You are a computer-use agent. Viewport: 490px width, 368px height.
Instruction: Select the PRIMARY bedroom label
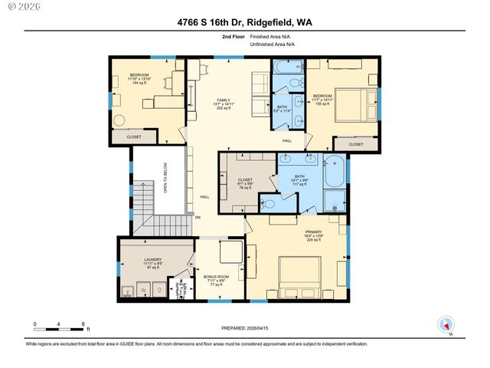coord(314,233)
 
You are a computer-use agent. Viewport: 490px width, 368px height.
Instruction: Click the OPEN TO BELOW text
coord(165,178)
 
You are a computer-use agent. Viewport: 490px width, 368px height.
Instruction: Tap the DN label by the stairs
coord(197,218)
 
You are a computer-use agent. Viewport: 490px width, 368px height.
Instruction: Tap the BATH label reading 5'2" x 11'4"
coord(282,108)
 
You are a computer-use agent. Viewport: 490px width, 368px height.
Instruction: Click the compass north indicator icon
coord(444,324)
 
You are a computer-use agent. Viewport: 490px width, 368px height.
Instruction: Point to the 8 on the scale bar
coord(83,325)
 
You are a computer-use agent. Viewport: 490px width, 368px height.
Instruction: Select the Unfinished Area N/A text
coord(272,44)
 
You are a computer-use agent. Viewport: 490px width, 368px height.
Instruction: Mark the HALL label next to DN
coord(204,197)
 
